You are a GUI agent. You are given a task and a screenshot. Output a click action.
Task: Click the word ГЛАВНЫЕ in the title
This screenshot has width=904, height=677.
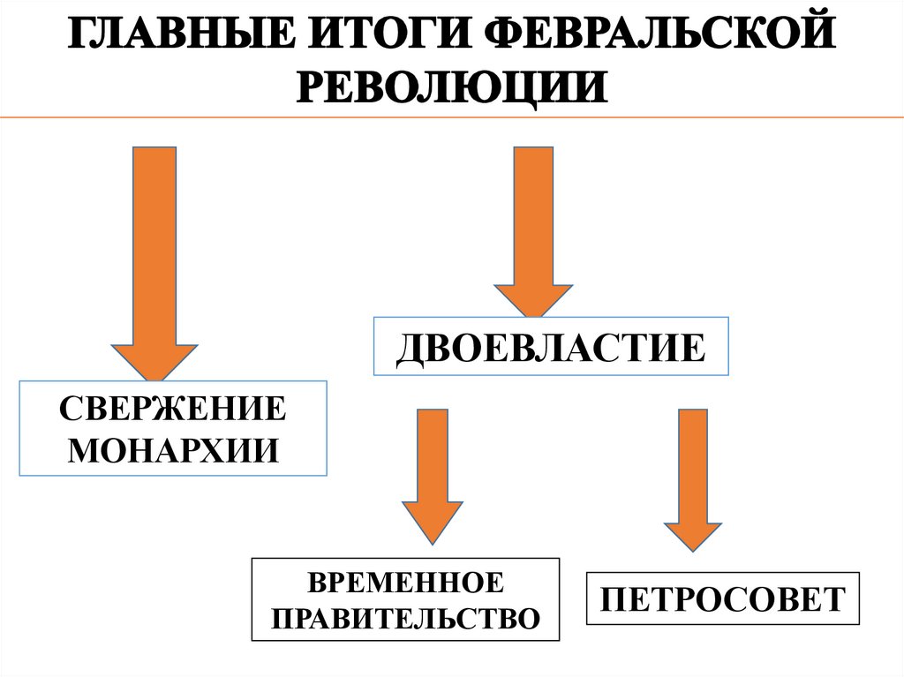point(173,38)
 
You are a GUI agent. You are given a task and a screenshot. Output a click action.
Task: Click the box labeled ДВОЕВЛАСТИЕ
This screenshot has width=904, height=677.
point(552,347)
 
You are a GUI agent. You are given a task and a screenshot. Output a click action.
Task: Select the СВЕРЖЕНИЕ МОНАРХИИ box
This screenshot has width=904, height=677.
point(173,428)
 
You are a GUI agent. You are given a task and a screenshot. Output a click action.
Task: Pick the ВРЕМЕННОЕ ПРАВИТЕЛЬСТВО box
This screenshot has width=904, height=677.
point(405,600)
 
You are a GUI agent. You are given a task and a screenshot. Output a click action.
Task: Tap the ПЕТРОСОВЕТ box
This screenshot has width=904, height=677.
point(722,600)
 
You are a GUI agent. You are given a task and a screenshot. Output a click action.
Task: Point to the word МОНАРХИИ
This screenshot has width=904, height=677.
point(173,450)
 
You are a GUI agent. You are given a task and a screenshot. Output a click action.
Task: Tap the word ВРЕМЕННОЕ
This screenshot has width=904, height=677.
point(405,583)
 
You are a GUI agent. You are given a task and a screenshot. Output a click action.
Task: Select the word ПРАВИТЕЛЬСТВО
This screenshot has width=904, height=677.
point(405,617)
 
